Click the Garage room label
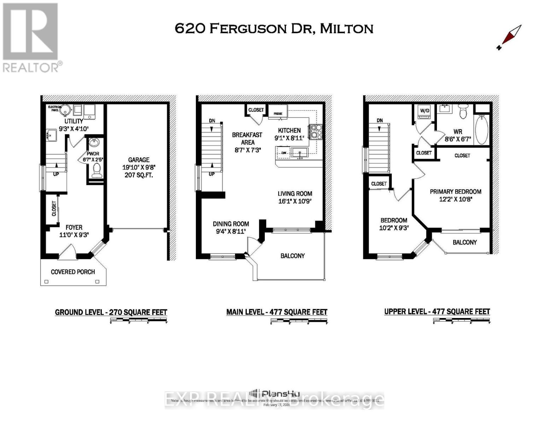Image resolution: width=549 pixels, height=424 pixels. (139, 160)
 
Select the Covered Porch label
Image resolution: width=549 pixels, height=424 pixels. (73, 272)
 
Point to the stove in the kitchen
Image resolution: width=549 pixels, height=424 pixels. (316, 132)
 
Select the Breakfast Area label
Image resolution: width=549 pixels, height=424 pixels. (247, 138)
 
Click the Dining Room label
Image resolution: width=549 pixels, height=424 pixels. (231, 224)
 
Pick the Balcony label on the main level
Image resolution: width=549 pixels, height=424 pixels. (292, 256)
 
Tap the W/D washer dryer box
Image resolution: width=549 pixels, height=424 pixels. (425, 111)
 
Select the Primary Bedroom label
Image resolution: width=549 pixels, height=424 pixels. (455, 192)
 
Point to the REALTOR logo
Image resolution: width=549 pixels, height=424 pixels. (31, 37)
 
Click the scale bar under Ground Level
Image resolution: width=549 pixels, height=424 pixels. (139, 320)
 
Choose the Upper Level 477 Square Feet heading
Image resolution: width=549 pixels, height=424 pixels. (437, 312)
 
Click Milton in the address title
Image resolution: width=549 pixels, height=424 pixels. (346, 29)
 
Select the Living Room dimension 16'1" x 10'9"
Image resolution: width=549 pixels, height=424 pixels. (295, 201)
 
